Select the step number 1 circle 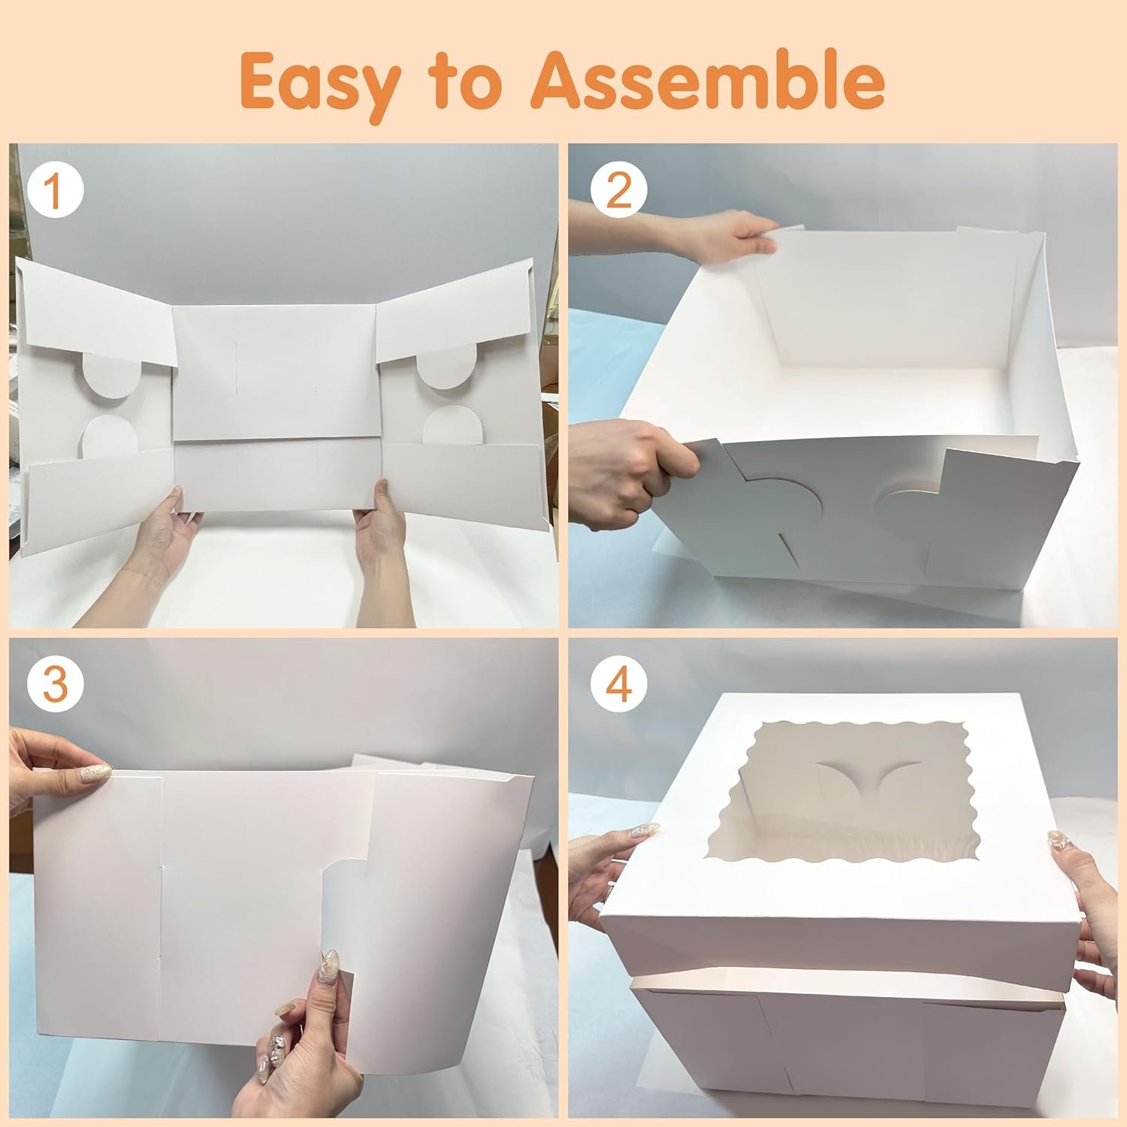53,193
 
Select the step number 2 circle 618,193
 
